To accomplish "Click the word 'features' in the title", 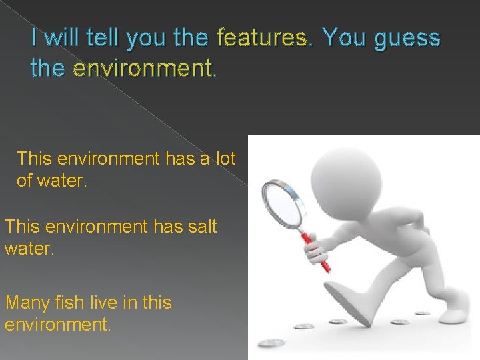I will tap(260, 39).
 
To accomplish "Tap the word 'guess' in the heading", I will tap(407, 39).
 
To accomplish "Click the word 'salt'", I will tap(200, 227).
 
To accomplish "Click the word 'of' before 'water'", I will tap(25, 181).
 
